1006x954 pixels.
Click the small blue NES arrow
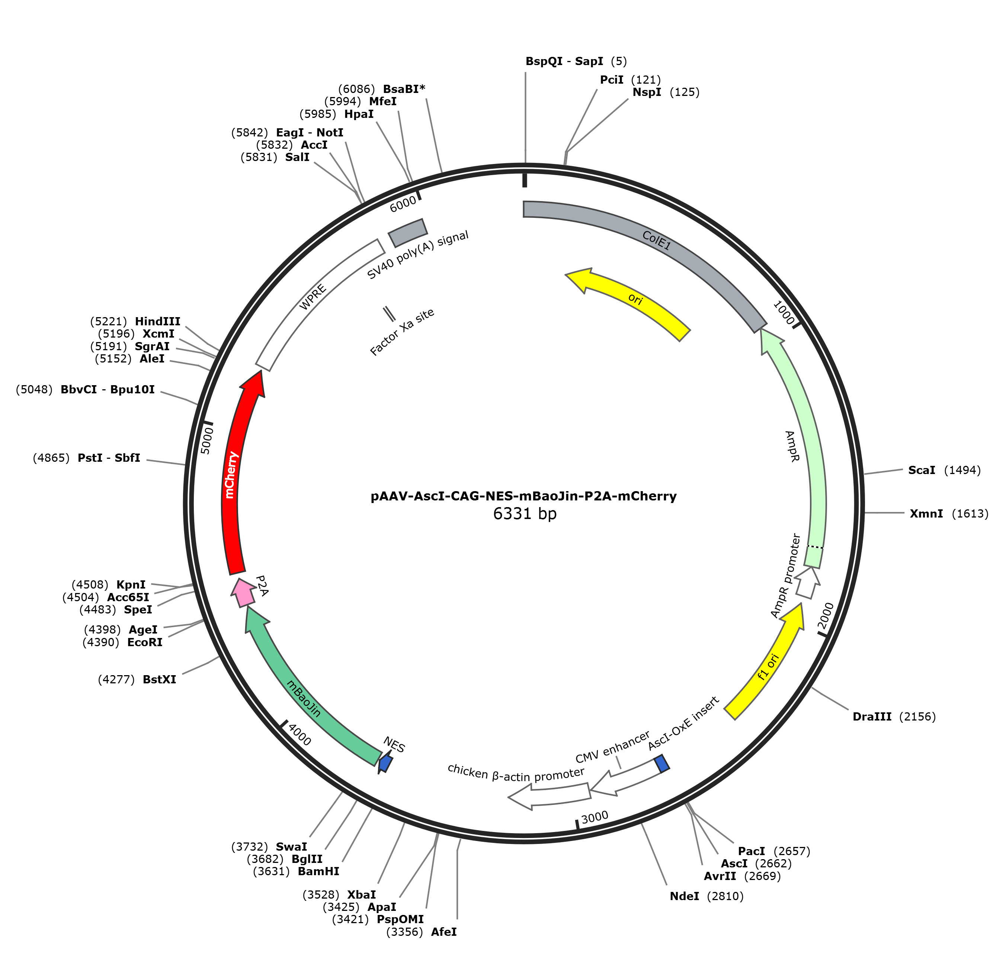pos(385,763)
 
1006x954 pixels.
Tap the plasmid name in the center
pos(523,496)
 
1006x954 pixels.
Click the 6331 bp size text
pos(525,513)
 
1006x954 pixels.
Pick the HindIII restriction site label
pos(158,321)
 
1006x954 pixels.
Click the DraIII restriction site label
pos(872,716)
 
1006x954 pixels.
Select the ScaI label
pos(922,470)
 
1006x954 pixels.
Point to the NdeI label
pos(685,896)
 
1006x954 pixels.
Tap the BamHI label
pos(318,871)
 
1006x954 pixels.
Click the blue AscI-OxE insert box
pos(661,763)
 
